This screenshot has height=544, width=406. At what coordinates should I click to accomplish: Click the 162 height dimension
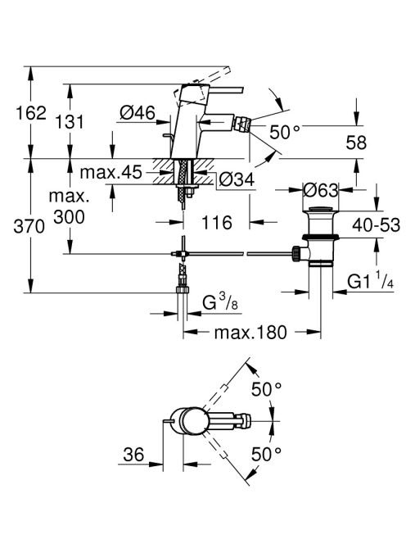(x=31, y=113)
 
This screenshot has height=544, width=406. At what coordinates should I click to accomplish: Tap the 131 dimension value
(x=70, y=122)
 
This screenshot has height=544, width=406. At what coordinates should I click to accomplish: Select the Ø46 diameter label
(x=138, y=113)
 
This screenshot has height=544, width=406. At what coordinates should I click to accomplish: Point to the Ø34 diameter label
(x=237, y=179)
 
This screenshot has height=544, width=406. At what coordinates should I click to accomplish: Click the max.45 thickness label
(x=111, y=172)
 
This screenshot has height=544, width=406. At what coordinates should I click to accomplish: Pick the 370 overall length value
(x=29, y=227)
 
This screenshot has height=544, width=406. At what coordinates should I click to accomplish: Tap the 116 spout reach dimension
(x=217, y=222)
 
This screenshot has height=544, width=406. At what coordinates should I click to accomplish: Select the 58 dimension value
(x=356, y=143)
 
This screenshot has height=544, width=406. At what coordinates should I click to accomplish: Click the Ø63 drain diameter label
(x=320, y=190)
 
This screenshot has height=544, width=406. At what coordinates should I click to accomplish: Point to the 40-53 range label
(x=377, y=225)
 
